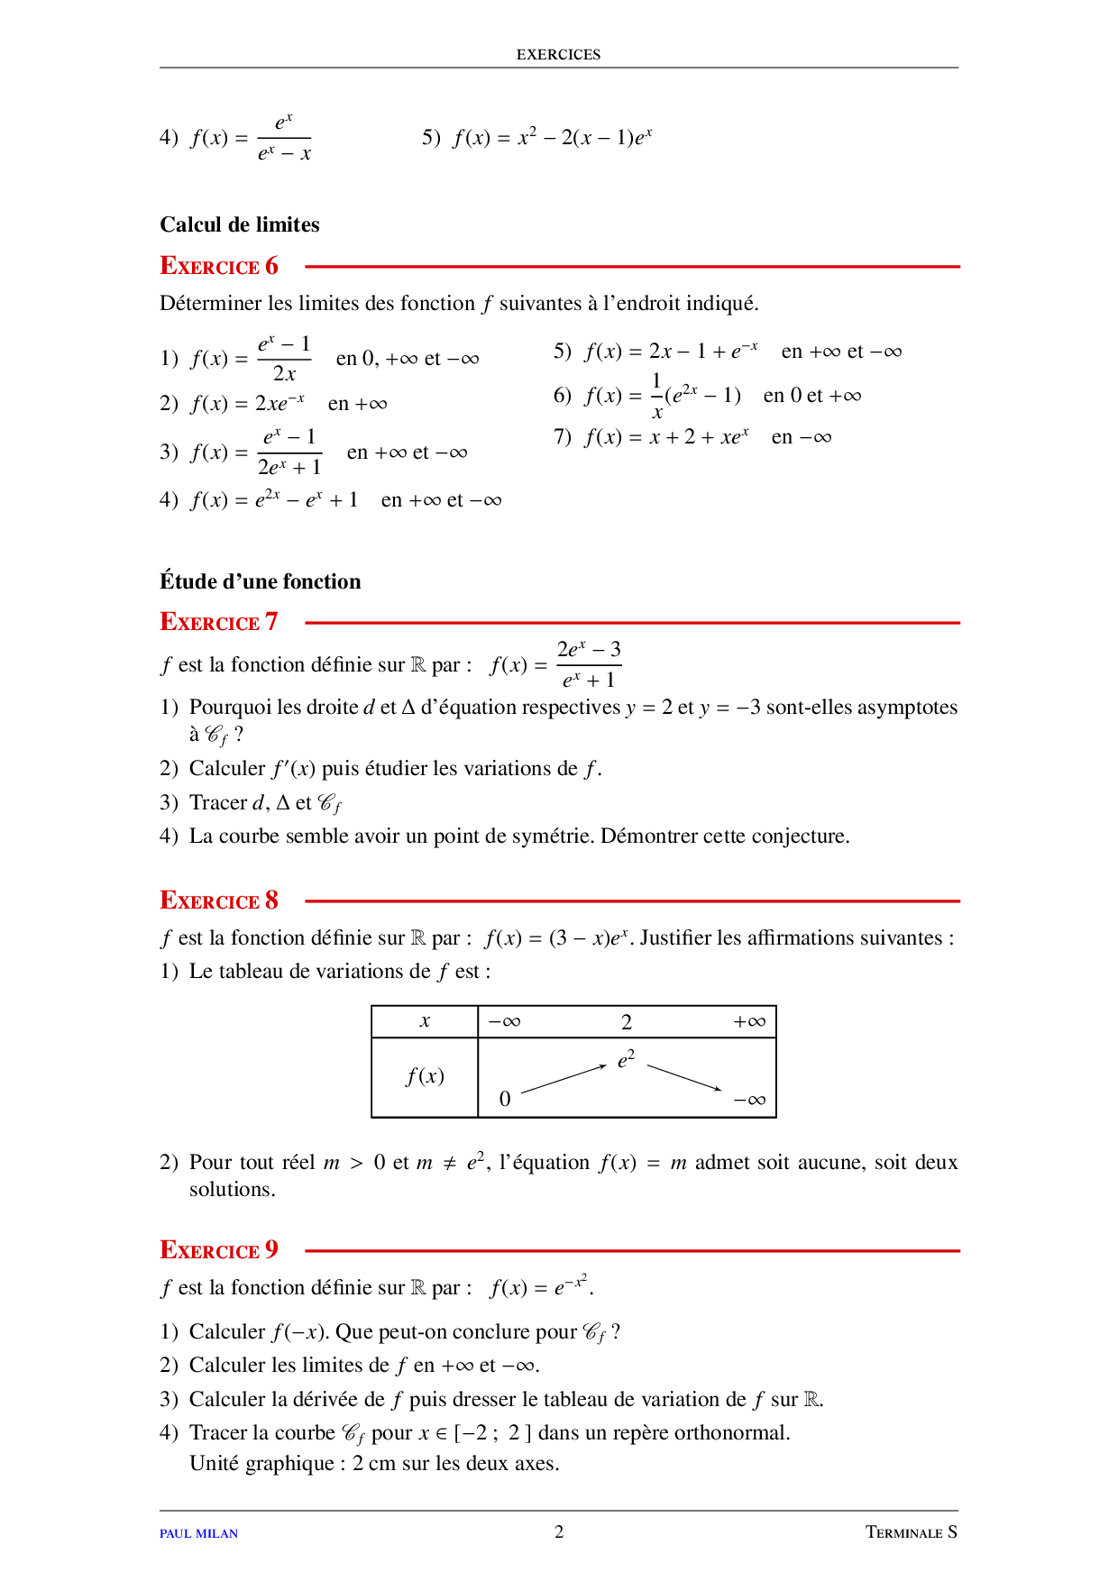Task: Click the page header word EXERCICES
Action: [558, 54]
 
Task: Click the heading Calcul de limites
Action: [240, 224]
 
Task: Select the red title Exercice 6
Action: [219, 266]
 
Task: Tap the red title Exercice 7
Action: [219, 622]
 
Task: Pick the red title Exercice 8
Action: [219, 900]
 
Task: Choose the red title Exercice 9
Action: [219, 1250]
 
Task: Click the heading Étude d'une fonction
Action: [261, 581]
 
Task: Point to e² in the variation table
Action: [626, 1059]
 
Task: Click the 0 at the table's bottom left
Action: [505, 1099]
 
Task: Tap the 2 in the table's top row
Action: [627, 1022]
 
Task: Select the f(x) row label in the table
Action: [425, 1076]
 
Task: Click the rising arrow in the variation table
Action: [564, 1079]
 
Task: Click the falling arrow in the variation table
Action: [684, 1078]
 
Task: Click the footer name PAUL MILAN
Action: [198, 1533]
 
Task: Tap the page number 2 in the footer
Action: [559, 1531]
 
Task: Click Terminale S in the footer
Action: [912, 1532]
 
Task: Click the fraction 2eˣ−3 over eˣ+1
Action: [589, 665]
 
